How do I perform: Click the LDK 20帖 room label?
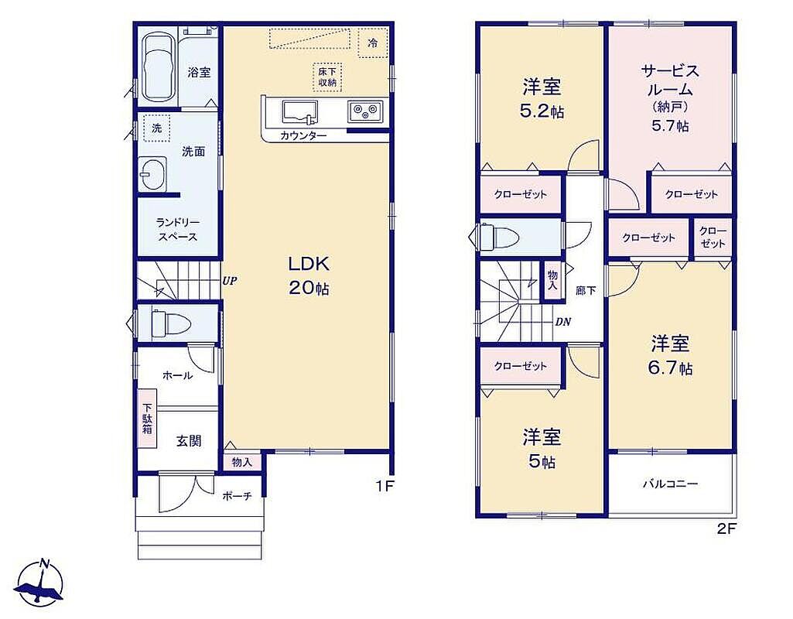pos(309,275)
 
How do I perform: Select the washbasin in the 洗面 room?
pos(152,174)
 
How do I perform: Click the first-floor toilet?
pos(169,323)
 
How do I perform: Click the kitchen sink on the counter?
pos(299,112)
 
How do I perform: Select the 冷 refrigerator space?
pos(373,43)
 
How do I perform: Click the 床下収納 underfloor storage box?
pos(327,77)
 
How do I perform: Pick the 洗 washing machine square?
pos(157,128)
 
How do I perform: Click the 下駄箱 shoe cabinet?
pos(147,419)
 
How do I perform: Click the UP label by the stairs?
pos(229,281)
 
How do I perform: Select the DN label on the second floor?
pos(563,322)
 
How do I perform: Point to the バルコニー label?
pos(670,484)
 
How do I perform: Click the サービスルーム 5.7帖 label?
pos(670,97)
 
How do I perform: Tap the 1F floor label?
pos(384,486)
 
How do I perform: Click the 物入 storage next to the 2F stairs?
pos(552,280)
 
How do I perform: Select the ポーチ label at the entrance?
pos(237,496)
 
